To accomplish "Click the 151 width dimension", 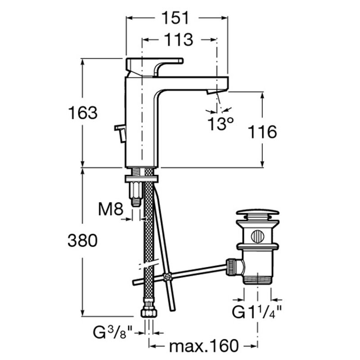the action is coord(175,18).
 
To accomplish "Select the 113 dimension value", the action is coord(179,40).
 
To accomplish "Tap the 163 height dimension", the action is coord(83,113).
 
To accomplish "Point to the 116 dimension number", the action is coord(262,132).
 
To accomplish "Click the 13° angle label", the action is coord(220,124).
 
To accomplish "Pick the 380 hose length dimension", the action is coord(83,241).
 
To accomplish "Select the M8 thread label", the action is coord(111,209).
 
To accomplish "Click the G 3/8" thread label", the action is coord(113,332).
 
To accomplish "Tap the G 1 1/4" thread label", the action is coord(256,312).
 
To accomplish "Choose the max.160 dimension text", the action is coord(204,346).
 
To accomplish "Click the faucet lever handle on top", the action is coord(154,67).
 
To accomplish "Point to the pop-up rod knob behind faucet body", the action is coord(120,134).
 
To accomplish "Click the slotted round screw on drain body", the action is coord(257,236).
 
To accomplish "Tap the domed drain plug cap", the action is coord(257,212).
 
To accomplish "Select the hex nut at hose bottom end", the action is coord(149,312).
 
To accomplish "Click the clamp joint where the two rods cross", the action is coord(167,277).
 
